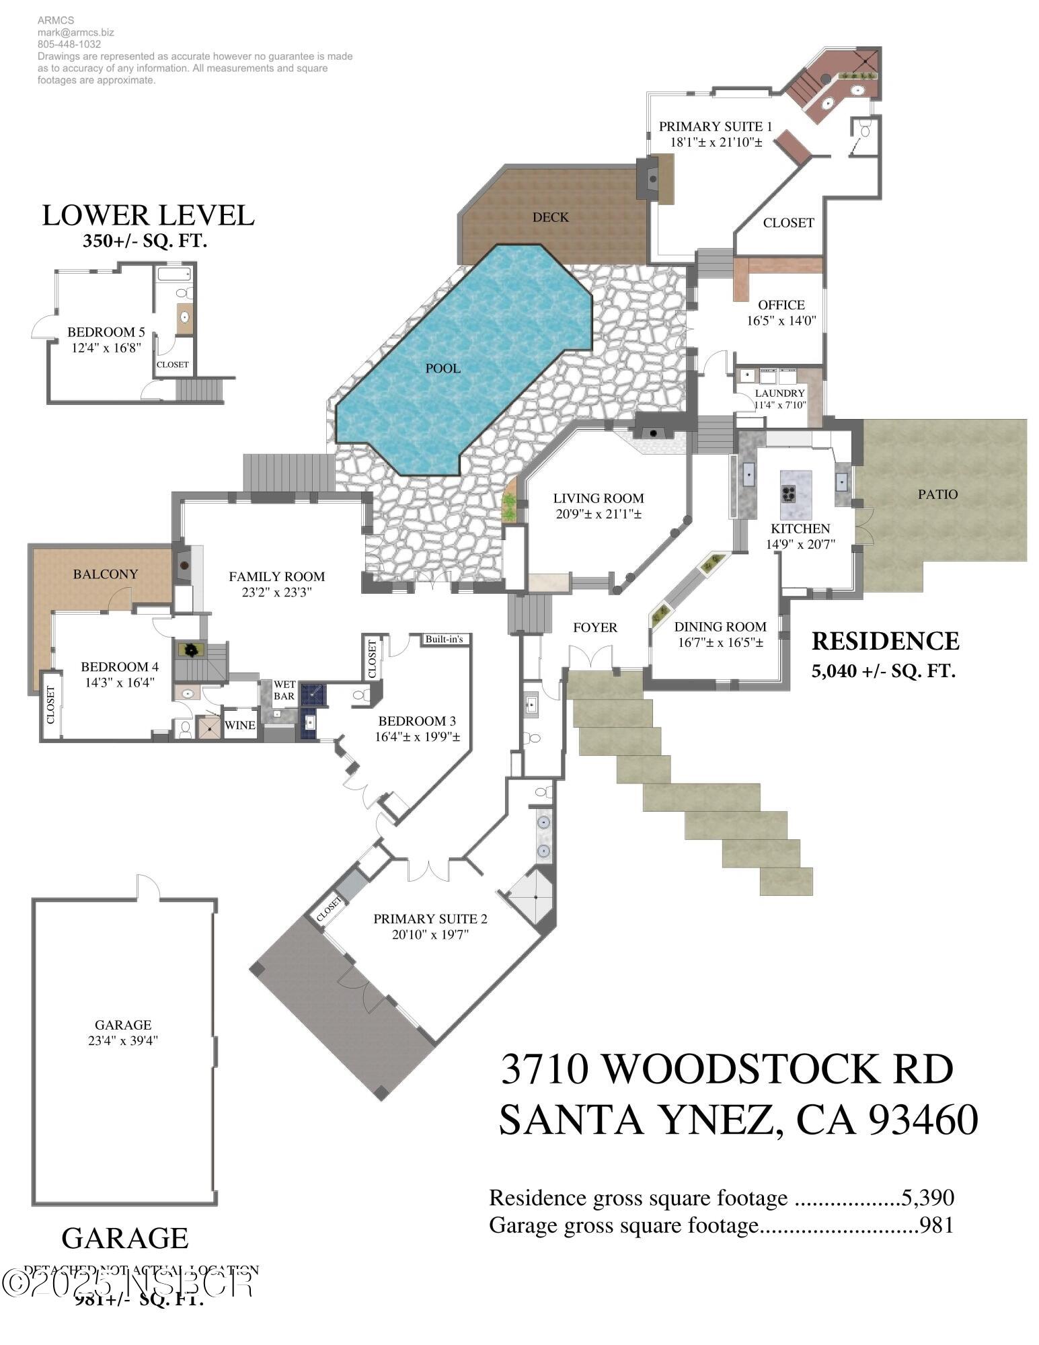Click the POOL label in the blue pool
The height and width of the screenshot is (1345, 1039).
click(442, 368)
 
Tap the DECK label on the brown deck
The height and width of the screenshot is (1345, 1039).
click(550, 217)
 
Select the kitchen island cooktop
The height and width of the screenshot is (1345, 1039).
click(788, 494)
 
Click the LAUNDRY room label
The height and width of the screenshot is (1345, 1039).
click(779, 393)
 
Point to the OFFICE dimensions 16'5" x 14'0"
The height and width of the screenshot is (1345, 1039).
click(781, 321)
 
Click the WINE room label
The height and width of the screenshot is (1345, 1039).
click(239, 725)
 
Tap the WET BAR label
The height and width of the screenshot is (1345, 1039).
click(284, 691)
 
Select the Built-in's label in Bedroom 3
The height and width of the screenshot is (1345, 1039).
click(444, 639)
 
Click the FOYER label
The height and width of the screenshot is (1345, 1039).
click(594, 627)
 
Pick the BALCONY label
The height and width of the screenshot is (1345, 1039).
click(106, 574)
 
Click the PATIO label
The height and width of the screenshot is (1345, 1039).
click(937, 494)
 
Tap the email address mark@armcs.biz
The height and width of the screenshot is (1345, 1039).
click(67, 32)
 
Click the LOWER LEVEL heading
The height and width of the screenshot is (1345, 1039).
click(148, 215)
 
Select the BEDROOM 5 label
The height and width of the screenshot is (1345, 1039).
click(106, 332)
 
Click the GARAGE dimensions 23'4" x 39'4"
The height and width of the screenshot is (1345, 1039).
click(123, 1040)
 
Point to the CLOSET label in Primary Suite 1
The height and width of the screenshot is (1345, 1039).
click(788, 223)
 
